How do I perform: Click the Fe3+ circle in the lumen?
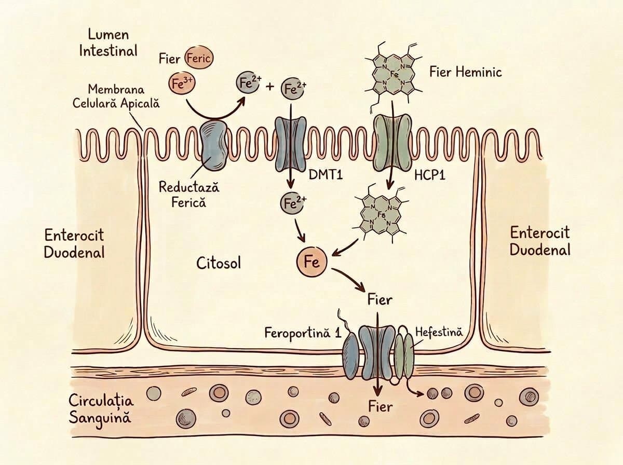point(182,84)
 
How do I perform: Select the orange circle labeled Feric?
point(199,59)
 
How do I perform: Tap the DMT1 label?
point(326,174)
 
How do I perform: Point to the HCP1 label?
point(430,175)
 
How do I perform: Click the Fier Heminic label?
point(466,72)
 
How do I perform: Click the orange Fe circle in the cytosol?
point(312,262)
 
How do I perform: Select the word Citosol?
point(219,263)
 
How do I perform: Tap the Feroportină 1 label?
point(303,332)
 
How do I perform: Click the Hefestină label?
point(439,332)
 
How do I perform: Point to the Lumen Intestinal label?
point(109,43)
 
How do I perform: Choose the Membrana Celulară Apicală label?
point(116,97)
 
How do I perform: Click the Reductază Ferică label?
point(189,195)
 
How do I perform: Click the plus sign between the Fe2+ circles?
point(270,87)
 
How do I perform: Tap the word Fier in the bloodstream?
point(381,406)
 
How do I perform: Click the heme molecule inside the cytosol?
point(381,215)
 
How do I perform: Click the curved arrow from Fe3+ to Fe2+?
point(215,117)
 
